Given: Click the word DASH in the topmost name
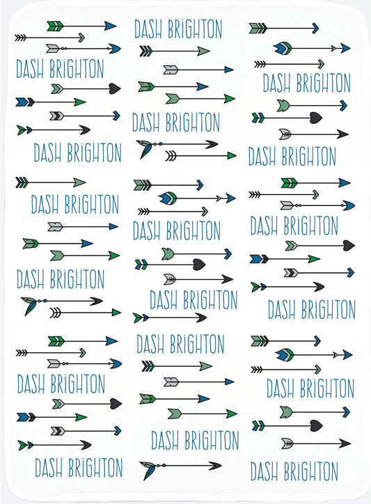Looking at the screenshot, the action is (x=148, y=29).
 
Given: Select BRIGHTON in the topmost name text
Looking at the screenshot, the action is (x=195, y=29).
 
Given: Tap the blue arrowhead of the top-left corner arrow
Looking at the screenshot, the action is (x=110, y=26).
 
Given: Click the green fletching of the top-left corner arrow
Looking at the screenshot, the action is (x=55, y=26).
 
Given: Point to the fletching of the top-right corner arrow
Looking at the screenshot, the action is (x=258, y=29).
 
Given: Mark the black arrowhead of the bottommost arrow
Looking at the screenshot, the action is (x=215, y=466).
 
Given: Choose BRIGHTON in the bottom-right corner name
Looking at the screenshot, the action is (x=310, y=471).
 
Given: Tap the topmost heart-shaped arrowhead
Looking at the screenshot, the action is (x=115, y=88).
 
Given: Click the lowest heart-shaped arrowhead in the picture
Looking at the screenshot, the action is (x=316, y=426).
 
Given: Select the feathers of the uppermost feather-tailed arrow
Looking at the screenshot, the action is (x=145, y=148).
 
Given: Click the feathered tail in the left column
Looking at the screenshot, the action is (x=29, y=306).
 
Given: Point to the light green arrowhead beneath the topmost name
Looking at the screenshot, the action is (x=203, y=51).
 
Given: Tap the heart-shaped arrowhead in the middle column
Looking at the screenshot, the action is (x=199, y=265).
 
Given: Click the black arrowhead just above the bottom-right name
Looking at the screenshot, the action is (x=345, y=444).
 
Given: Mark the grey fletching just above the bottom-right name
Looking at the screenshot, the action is (x=287, y=444).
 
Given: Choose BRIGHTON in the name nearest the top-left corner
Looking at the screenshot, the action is (x=77, y=69).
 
